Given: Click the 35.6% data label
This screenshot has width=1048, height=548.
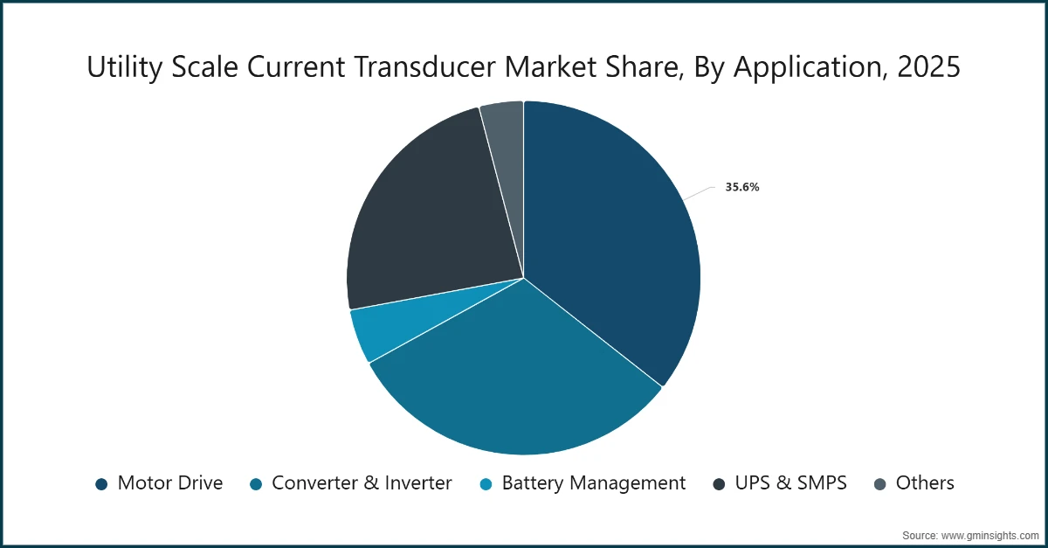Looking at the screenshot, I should click(741, 186).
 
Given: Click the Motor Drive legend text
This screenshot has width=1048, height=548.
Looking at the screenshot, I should click(170, 482).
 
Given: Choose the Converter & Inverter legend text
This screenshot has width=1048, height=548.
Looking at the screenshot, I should click(362, 482).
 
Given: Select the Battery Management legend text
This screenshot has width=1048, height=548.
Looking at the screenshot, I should click(594, 482).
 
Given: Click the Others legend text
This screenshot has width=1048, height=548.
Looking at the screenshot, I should click(925, 482).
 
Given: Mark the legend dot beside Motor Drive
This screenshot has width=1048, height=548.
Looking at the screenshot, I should click(101, 483).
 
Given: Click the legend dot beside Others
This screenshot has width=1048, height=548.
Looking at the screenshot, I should click(879, 483).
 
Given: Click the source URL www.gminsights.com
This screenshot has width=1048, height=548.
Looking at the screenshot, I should click(989, 533).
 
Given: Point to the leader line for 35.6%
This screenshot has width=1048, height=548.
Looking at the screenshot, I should click(699, 192).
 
